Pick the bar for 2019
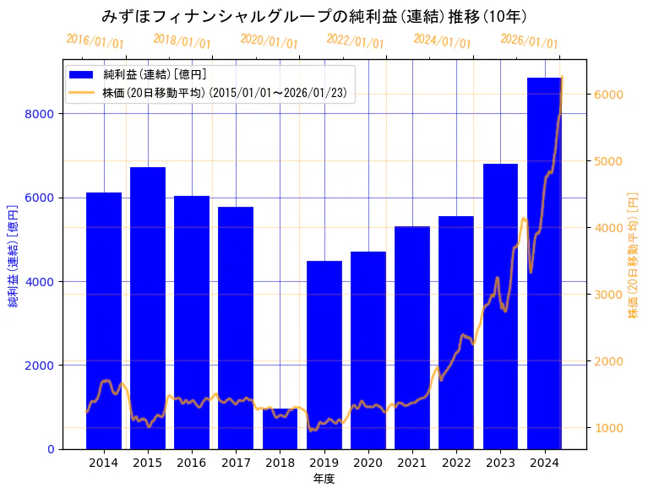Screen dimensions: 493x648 click(x=324, y=355)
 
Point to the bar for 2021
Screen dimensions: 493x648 click(x=412, y=338)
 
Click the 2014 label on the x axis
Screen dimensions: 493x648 click(x=104, y=463)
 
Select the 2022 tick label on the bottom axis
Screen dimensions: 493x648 click(x=456, y=463)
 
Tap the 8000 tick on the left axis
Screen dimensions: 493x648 click(x=41, y=114)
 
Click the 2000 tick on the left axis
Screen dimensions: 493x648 click(x=41, y=366)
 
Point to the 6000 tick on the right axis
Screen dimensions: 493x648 click(x=607, y=95)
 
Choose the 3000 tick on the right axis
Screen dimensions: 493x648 click(x=607, y=295)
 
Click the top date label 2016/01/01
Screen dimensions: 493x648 click(x=95, y=41)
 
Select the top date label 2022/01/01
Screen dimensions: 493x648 click(x=355, y=41)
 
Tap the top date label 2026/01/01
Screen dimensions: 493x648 click(x=529, y=41)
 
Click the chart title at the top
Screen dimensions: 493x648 click(x=314, y=16)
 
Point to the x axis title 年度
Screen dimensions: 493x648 click(x=324, y=479)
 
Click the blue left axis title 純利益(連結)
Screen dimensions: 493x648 click(x=14, y=255)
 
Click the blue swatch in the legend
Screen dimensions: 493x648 click(x=84, y=75)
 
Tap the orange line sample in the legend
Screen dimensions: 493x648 click(x=84, y=91)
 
